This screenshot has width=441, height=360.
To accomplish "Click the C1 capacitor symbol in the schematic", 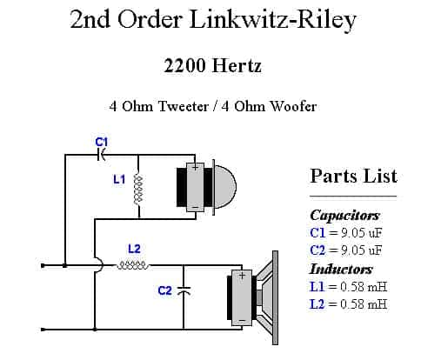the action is pyautogui.click(x=101, y=155).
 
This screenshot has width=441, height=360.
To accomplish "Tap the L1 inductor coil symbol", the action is pyautogui.click(x=138, y=189).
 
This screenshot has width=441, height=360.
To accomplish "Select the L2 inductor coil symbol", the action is pyautogui.click(x=133, y=265).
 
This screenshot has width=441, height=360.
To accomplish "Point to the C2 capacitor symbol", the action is pyautogui.click(x=184, y=290).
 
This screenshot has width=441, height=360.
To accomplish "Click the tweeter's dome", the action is pyautogui.click(x=225, y=187).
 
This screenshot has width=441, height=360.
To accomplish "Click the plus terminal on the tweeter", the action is pyautogui.click(x=196, y=168).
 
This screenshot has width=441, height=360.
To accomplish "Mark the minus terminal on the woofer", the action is pyautogui.click(x=242, y=321).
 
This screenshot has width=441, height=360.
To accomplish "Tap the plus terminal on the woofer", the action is pyautogui.click(x=242, y=275).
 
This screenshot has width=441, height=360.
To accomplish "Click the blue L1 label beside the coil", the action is pyautogui.click(x=119, y=179).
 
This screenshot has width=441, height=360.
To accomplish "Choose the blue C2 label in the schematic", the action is pyautogui.click(x=164, y=290).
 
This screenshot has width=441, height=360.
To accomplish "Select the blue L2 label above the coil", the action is pyautogui.click(x=134, y=249).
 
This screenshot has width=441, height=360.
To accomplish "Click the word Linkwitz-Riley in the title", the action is pyautogui.click(x=273, y=20).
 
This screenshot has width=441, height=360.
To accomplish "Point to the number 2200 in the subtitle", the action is pyautogui.click(x=184, y=65).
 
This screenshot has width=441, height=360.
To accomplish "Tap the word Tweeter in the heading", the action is pyautogui.click(x=184, y=106).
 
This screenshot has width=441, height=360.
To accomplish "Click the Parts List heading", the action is pyautogui.click(x=353, y=176).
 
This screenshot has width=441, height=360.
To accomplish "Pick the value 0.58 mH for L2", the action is pyautogui.click(x=364, y=304).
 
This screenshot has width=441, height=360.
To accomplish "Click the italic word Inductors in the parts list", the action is pyautogui.click(x=341, y=269).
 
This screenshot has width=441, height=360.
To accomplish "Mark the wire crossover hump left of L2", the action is pyautogui.click(x=99, y=265).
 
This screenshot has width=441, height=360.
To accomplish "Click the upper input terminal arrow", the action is pyautogui.click(x=43, y=265).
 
